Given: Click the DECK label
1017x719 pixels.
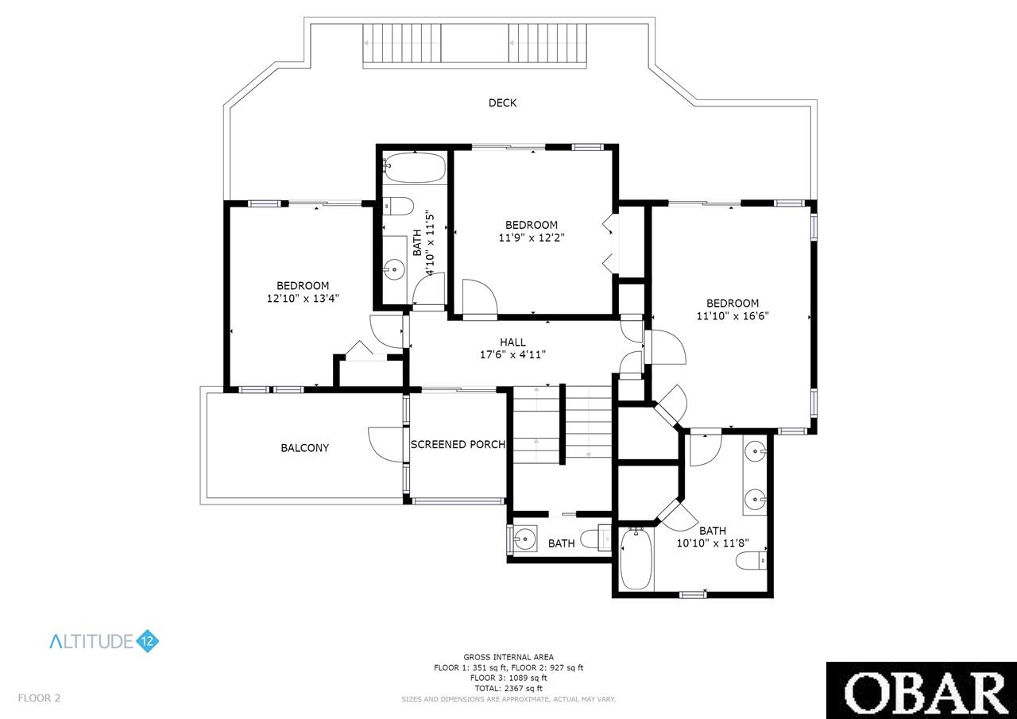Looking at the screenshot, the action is click(x=502, y=103).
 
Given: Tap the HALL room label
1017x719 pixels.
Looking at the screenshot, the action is click(x=512, y=342).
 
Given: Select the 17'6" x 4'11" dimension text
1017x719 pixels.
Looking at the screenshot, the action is click(x=512, y=354).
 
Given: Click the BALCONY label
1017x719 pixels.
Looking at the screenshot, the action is click(x=304, y=448).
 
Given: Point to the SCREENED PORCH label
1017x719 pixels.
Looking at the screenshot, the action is click(x=458, y=444).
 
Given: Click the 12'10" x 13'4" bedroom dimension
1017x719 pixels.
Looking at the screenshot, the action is click(x=303, y=298).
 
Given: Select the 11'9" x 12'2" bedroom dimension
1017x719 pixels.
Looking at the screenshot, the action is click(x=532, y=238).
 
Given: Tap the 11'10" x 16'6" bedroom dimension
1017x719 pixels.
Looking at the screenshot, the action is click(x=733, y=315).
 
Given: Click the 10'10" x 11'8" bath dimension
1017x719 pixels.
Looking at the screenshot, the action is click(x=713, y=543).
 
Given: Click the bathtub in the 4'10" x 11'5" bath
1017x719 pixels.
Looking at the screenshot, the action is click(x=415, y=168).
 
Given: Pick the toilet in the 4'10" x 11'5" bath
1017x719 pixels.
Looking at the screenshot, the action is click(x=398, y=207).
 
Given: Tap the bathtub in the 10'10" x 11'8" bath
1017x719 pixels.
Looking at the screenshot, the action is click(x=636, y=559).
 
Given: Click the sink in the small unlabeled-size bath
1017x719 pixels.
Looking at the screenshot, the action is click(x=525, y=539).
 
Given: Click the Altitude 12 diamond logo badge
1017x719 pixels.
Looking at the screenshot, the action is click(x=148, y=641).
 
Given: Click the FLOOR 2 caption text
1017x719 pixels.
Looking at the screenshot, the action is click(x=39, y=698).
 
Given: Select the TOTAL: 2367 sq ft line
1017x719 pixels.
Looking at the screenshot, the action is click(x=508, y=688).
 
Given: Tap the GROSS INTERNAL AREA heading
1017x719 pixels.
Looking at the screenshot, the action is click(x=508, y=657).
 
